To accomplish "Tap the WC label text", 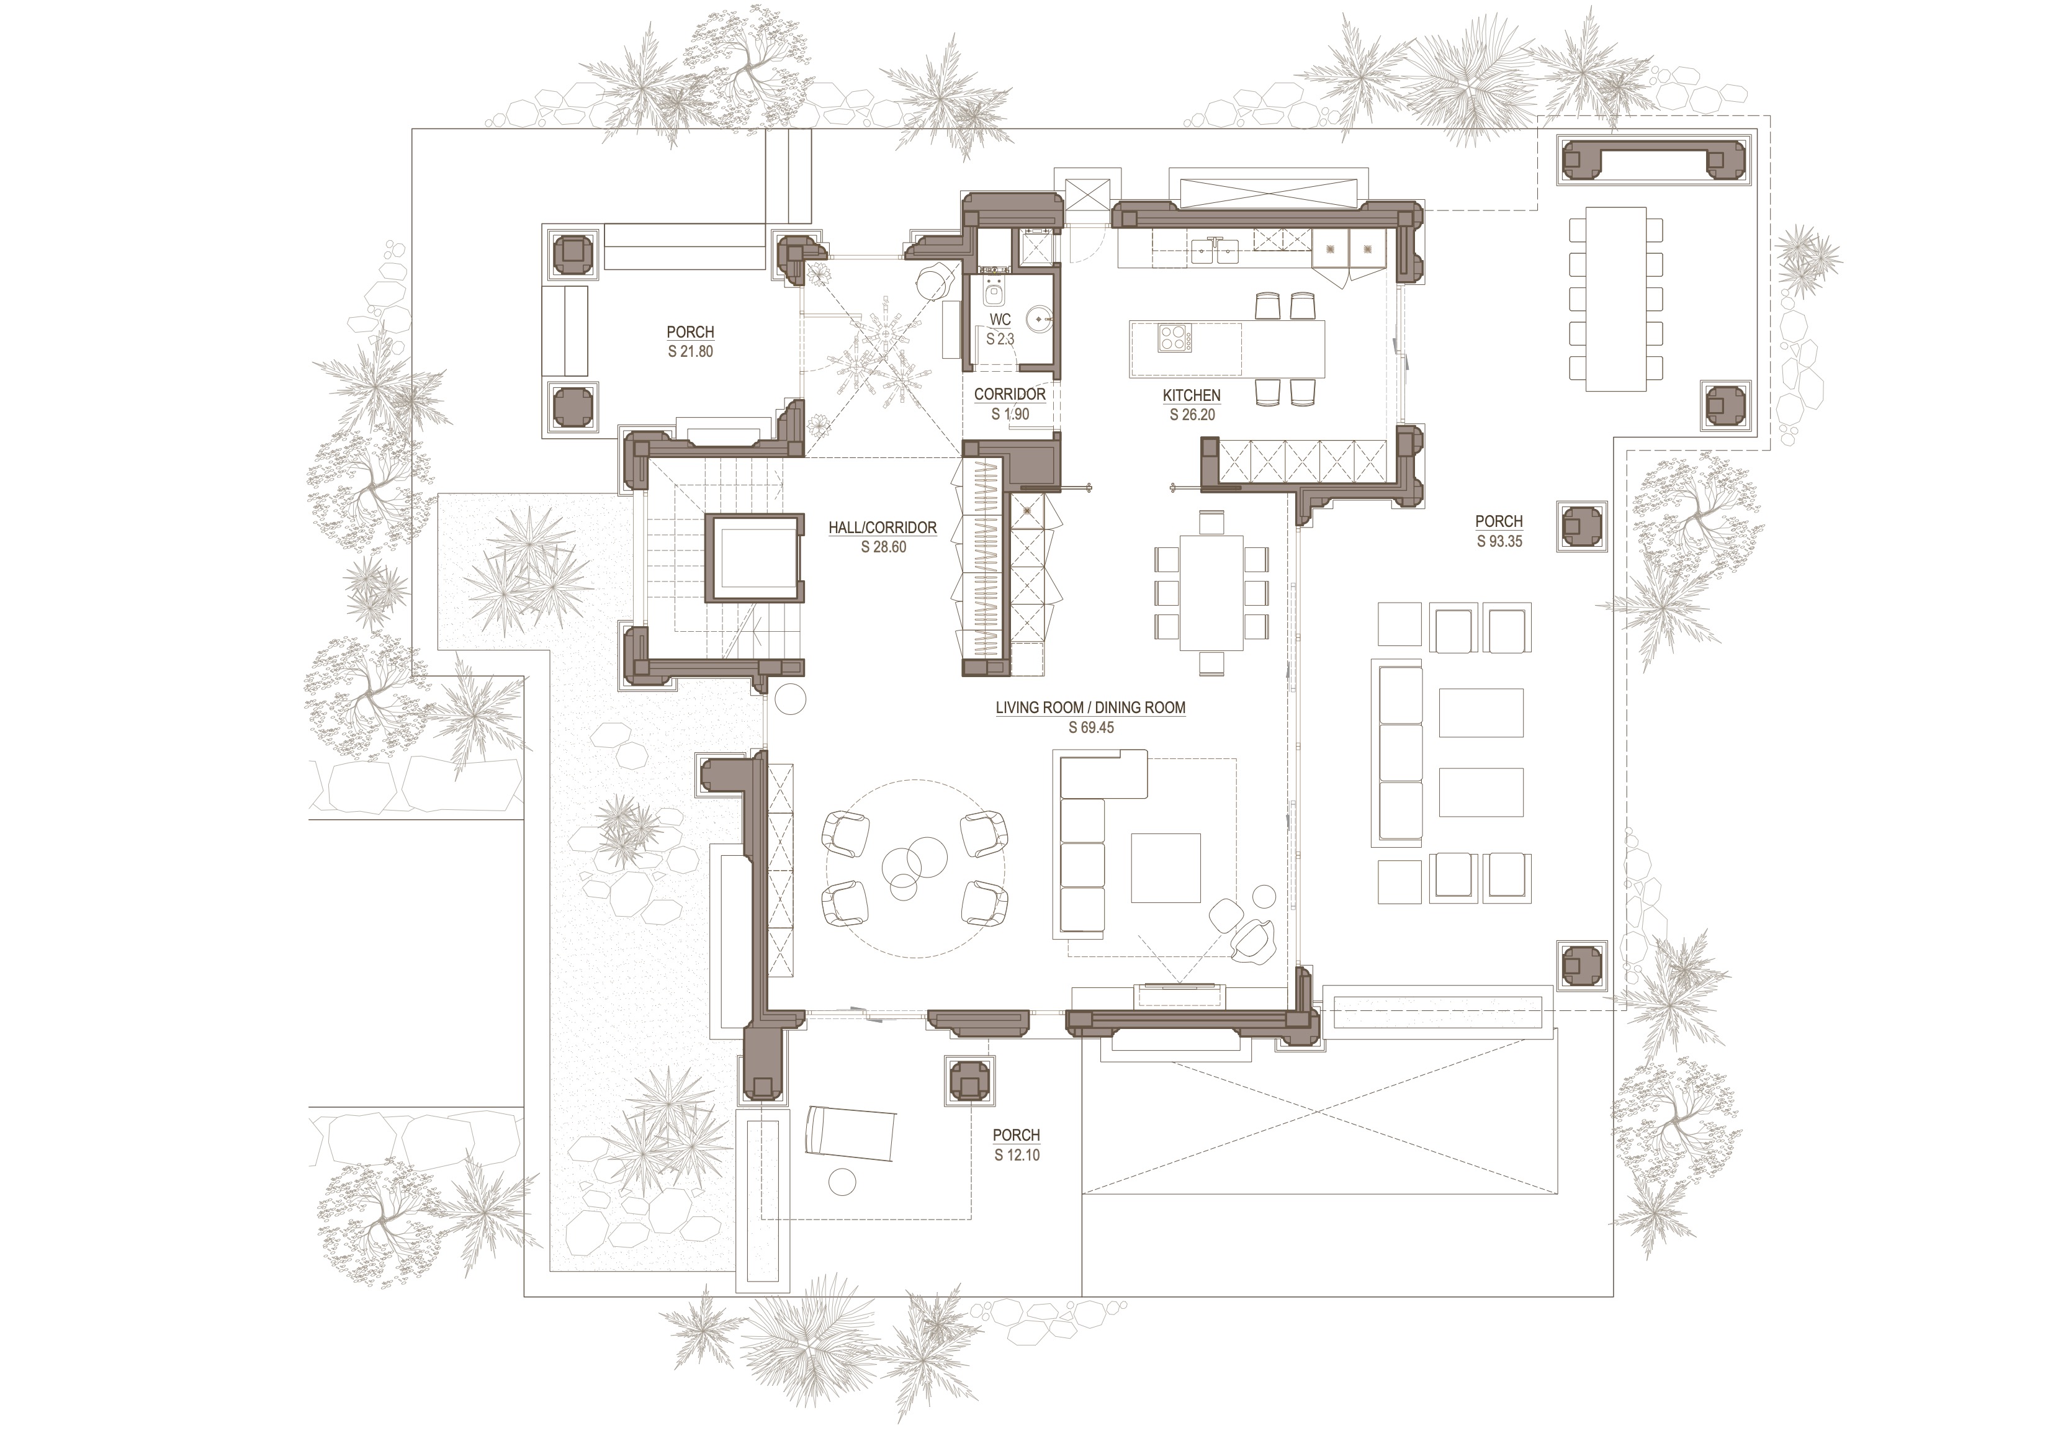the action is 1000,319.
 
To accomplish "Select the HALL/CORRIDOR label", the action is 883,528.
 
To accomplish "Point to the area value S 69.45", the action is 1091,728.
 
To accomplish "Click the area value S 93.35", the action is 1499,541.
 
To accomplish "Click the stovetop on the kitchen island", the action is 1175,338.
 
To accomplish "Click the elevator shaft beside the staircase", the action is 754,558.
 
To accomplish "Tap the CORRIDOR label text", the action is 1010,394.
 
